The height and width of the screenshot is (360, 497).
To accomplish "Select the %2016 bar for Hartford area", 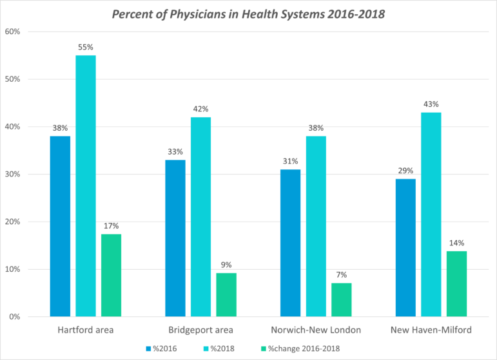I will (60, 226).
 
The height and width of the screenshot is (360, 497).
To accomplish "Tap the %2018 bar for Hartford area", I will (85, 186).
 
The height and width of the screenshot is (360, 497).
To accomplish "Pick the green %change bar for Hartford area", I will (111, 275).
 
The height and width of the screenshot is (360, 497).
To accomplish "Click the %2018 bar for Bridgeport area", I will (200, 216).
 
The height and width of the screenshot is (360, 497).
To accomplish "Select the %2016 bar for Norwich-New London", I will (290, 243).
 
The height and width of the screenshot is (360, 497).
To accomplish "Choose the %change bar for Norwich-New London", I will (341, 299).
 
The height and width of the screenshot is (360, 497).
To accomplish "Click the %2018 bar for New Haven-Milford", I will (431, 214).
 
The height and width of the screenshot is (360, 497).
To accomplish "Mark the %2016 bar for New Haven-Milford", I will (405, 248).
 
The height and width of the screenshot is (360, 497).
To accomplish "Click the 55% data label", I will (86, 47).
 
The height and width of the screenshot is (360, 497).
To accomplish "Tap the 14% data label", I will (456, 243).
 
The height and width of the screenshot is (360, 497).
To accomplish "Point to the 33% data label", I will (175, 151).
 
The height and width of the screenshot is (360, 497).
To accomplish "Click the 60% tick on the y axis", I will (15, 32).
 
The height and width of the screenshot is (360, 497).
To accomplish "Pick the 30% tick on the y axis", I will (15, 175).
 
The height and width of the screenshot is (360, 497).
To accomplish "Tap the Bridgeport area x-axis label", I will (200, 330).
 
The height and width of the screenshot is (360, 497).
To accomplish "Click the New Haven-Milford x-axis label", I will (431, 330).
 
